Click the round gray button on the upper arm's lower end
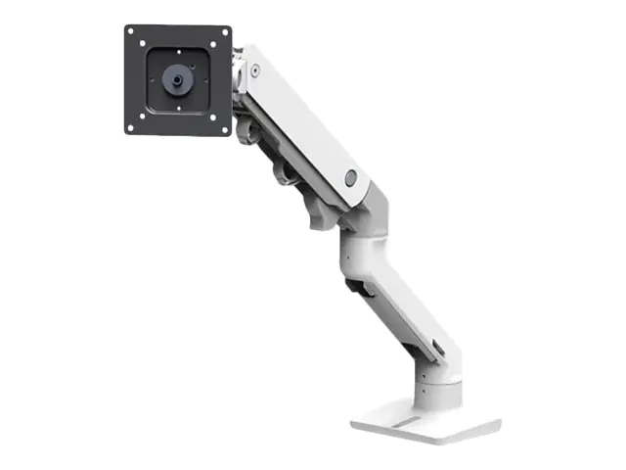click(x=351, y=177)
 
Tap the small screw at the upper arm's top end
click(x=255, y=70)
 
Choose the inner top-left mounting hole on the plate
click(x=148, y=51)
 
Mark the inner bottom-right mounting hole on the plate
click(x=208, y=111)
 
